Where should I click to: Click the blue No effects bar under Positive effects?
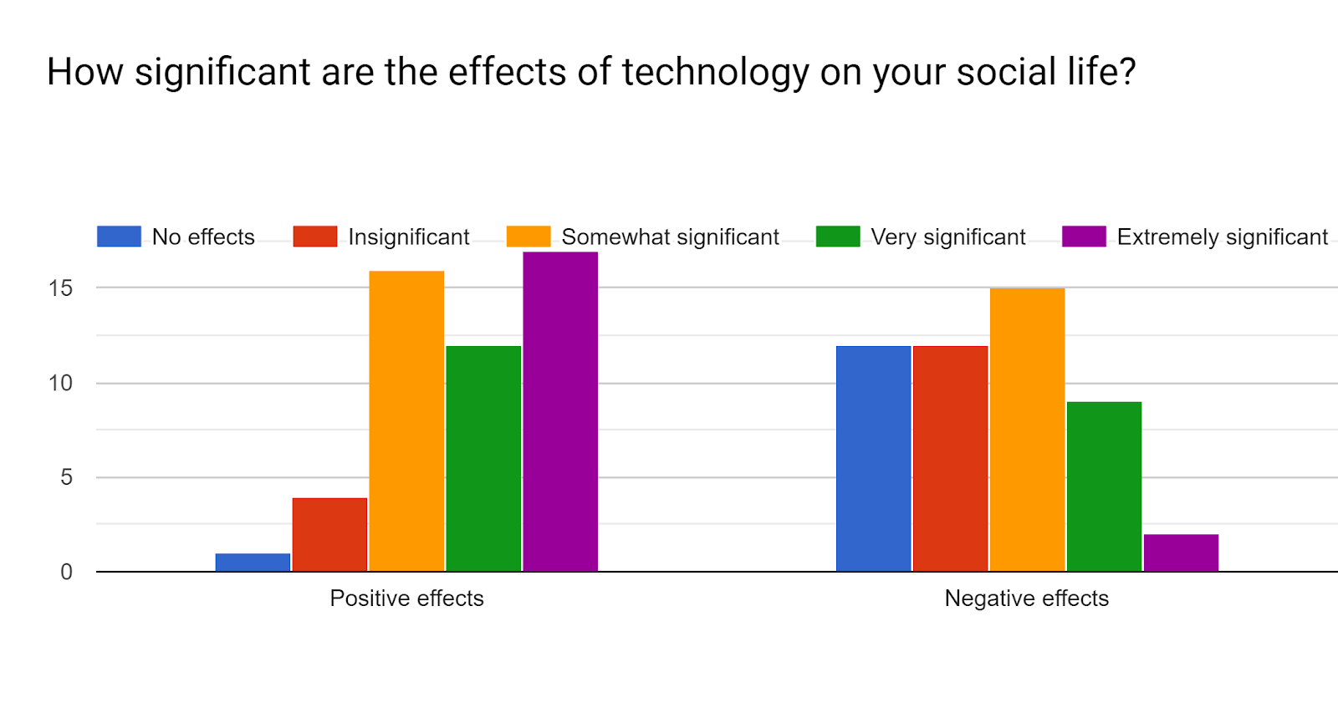(x=253, y=563)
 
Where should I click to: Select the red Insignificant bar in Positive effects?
(x=329, y=535)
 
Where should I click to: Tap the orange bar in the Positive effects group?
(x=406, y=421)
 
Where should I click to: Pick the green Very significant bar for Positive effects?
(x=483, y=459)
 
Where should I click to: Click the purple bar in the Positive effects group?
(x=560, y=412)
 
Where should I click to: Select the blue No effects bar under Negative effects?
(x=873, y=459)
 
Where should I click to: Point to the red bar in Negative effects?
(x=950, y=459)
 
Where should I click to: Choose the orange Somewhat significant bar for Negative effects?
(x=1027, y=430)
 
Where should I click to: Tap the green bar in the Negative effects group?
(x=1104, y=486)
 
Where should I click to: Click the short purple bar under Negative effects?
(x=1181, y=553)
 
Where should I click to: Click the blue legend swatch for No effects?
(x=119, y=237)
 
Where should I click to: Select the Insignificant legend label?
(x=409, y=237)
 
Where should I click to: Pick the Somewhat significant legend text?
(x=670, y=237)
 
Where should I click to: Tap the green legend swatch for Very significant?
(x=838, y=237)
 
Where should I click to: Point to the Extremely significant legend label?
(x=1222, y=237)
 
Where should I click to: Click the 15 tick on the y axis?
(x=61, y=288)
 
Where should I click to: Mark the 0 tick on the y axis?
(x=66, y=573)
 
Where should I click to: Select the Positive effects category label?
(x=406, y=598)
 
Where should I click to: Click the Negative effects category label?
(x=1026, y=598)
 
